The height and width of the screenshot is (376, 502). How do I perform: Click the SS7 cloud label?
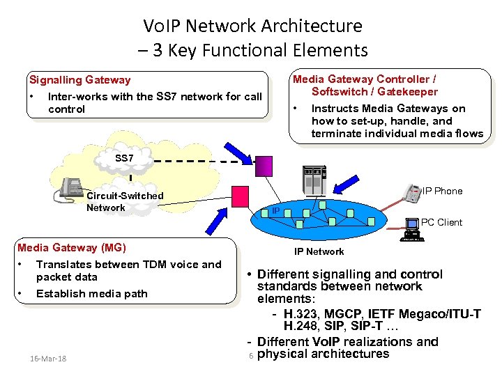[124, 159]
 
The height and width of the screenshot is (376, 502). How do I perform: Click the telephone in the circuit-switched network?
[72, 188]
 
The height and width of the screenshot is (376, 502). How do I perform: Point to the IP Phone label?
[442, 191]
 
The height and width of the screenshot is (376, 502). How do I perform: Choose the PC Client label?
[441, 223]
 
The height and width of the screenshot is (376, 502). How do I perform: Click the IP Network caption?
[319, 251]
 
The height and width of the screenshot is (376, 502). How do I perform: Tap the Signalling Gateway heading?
[79, 80]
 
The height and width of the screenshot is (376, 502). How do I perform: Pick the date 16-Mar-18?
[49, 358]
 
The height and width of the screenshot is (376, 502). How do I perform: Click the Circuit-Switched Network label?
[124, 201]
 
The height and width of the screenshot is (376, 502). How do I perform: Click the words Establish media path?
[91, 293]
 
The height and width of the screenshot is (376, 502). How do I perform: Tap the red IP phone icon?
[412, 193]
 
